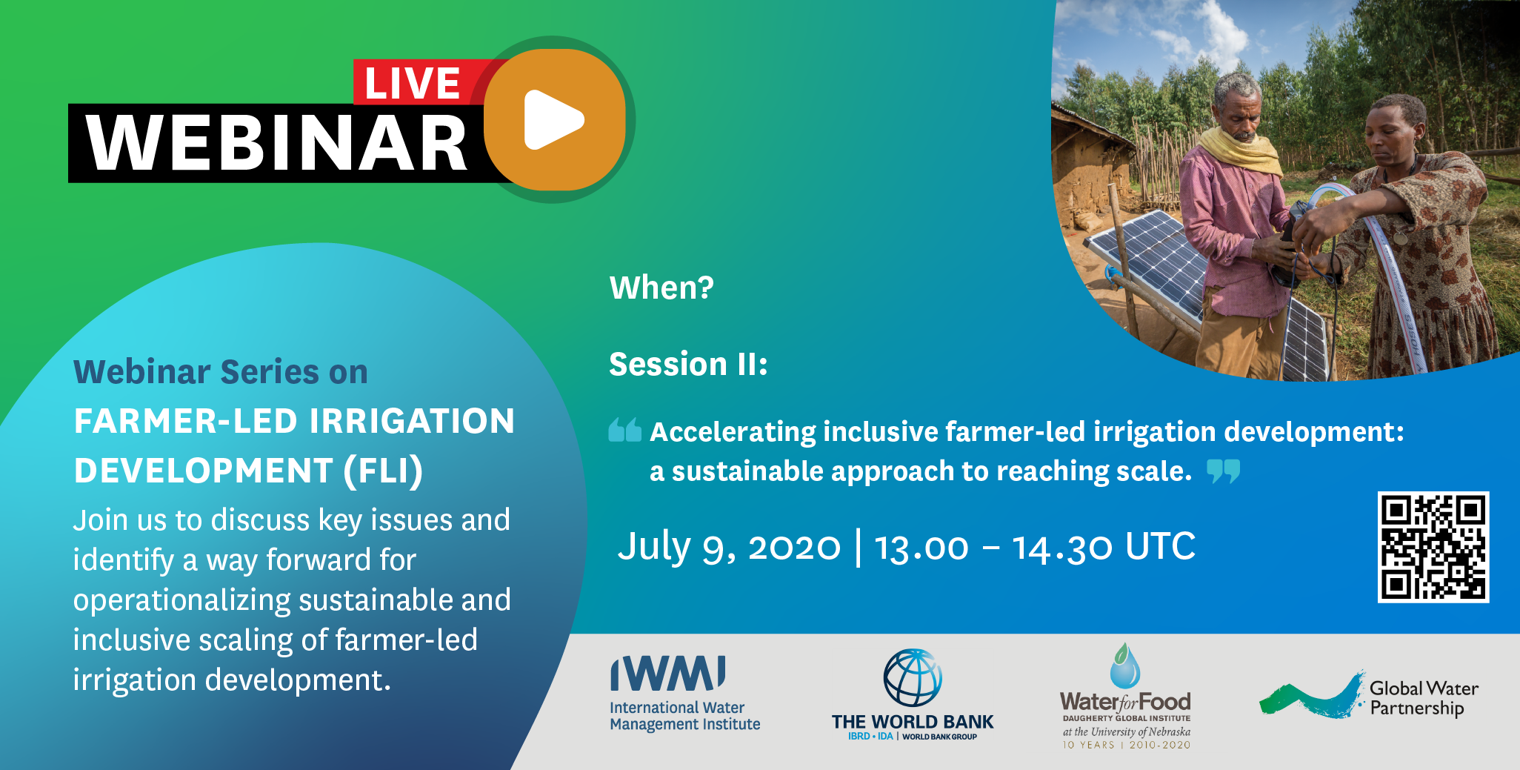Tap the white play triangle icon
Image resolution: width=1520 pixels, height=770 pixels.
[553, 119]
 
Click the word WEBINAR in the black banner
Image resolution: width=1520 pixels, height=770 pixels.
[276, 144]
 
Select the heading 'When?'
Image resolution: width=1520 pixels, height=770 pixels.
[661, 288]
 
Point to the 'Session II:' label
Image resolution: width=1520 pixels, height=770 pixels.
[688, 364]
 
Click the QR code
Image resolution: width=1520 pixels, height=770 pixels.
[1433, 547]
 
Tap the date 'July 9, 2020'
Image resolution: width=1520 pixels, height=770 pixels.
[729, 547]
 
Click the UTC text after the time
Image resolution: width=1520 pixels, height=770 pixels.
[1160, 546]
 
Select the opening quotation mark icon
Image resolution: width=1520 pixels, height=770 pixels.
[624, 429]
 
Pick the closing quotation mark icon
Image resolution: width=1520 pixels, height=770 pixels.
[1223, 471]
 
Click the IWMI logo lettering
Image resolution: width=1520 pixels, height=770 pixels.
[668, 673]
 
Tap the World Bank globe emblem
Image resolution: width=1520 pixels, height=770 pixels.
[913, 677]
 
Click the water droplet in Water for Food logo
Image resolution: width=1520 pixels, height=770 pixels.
[1124, 666]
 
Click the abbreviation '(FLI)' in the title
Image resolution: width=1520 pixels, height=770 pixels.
[383, 471]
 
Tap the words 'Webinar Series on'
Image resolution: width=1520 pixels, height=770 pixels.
[221, 371]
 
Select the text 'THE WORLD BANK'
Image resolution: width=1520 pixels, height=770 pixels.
[913, 722]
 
